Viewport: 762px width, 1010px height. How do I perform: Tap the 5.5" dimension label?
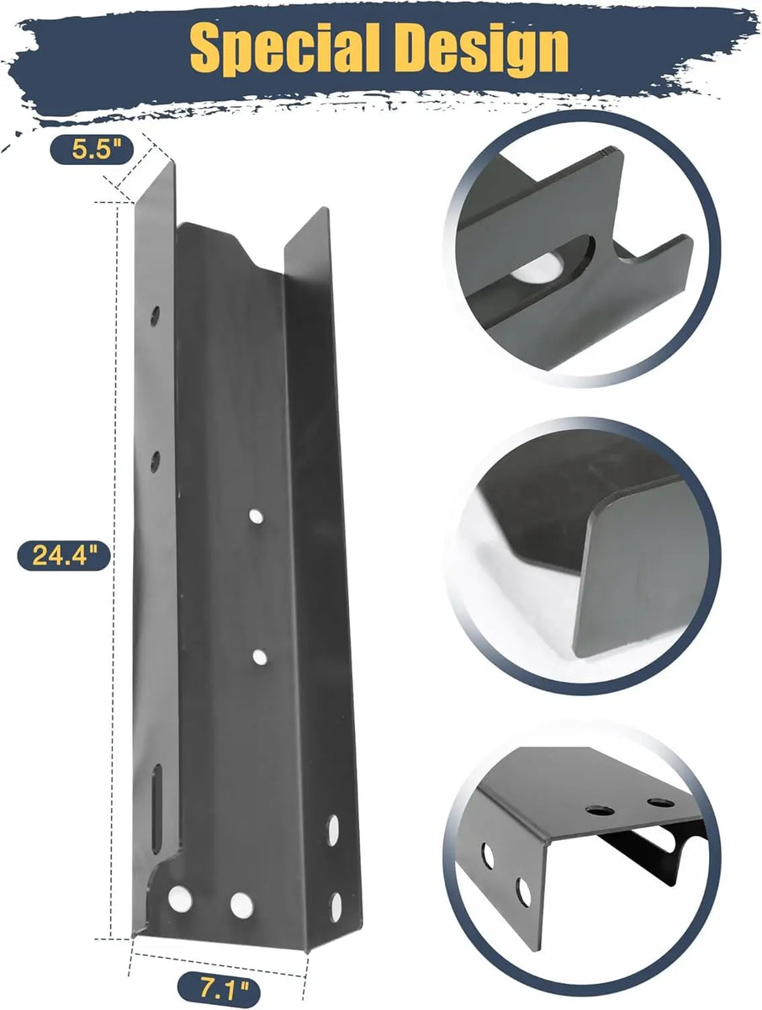click(x=92, y=150)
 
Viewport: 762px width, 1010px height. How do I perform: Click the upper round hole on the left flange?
click(x=155, y=316)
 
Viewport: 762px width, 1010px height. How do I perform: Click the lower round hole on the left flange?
click(x=155, y=461)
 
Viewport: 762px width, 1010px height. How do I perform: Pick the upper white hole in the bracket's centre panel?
click(x=256, y=516)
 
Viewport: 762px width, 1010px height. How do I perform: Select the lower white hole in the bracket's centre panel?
click(x=260, y=657)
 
